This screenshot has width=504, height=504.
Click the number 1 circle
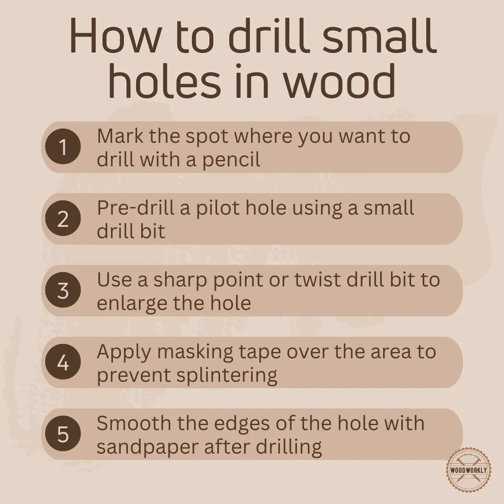63,147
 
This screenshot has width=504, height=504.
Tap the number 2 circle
63,219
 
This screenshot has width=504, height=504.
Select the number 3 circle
63,291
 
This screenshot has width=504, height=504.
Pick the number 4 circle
63,362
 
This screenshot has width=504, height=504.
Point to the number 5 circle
63,434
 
